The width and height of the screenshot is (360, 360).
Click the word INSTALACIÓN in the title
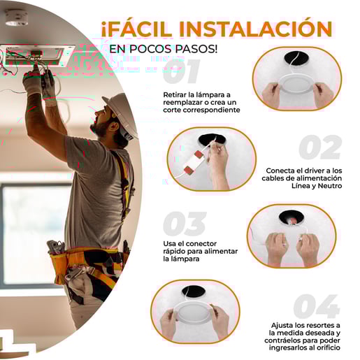click(x=256, y=29)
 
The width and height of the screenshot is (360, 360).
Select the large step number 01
click(x=181, y=71)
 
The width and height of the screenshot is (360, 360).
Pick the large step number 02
click(x=320, y=147)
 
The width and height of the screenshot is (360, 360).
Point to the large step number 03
click(x=185, y=224)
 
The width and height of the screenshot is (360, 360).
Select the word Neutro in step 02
click(x=330, y=186)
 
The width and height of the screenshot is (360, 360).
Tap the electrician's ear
click(x=114, y=127)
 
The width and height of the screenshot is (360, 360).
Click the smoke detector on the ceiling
click(x=17, y=17)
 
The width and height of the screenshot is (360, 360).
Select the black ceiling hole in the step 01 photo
click(x=296, y=59)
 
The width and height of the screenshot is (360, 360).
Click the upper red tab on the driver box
click(x=199, y=154)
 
